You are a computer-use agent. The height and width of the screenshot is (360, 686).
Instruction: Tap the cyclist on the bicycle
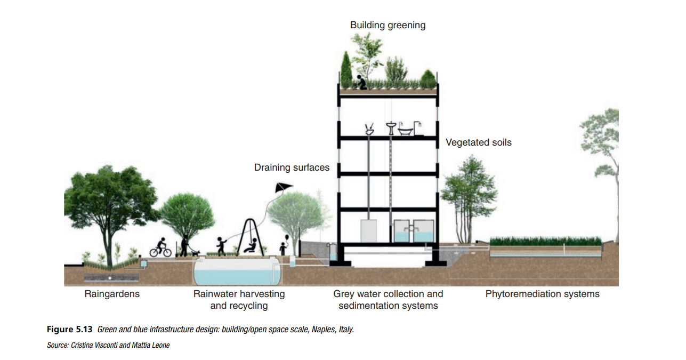point(160,247)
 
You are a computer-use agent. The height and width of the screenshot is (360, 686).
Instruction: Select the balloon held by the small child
point(287,237)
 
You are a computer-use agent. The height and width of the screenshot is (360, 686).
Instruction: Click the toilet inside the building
point(368,129)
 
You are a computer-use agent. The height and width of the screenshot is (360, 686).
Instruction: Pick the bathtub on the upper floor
point(407,130)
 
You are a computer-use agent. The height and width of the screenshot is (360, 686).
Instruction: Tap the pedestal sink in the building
point(392,128)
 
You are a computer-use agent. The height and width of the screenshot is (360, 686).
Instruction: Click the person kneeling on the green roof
point(361,82)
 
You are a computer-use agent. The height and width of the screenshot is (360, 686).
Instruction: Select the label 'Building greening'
point(388,25)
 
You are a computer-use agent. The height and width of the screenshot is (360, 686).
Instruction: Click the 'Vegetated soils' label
point(478,142)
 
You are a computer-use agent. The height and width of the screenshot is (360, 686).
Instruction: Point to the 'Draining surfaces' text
point(292,167)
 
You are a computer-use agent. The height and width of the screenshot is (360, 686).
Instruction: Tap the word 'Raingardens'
point(112,294)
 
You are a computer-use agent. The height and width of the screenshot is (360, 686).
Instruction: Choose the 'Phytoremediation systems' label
point(542,294)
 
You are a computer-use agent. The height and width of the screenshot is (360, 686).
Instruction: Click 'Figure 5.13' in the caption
point(70,330)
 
